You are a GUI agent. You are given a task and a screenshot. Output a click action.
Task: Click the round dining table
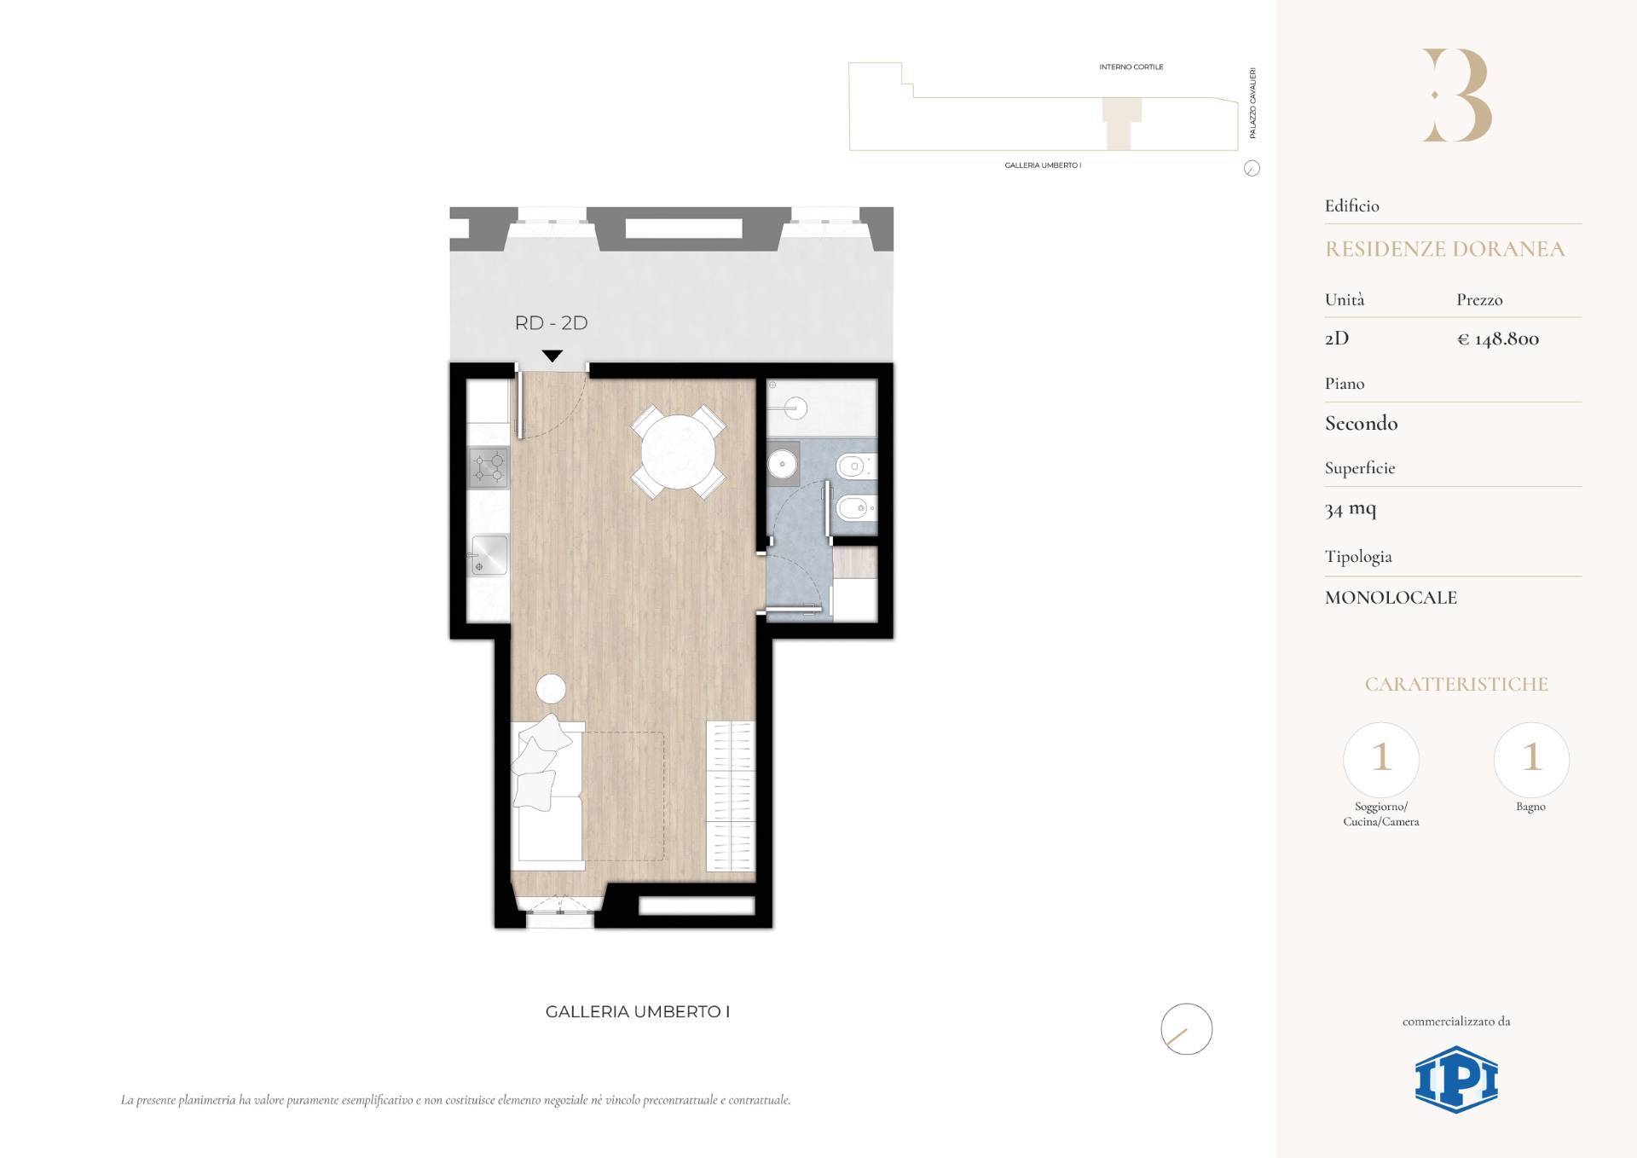pyautogui.click(x=678, y=452)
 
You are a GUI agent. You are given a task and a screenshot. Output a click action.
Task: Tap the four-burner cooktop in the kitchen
pyautogui.click(x=489, y=467)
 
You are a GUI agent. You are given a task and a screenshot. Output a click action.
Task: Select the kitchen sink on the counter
pyautogui.click(x=489, y=555)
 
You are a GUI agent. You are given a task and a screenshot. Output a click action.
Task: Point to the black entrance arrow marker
pyautogui.click(x=552, y=356)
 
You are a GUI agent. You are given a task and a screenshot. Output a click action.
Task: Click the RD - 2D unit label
pyautogui.click(x=551, y=323)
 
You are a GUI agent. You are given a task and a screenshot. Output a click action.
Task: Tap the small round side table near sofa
pyautogui.click(x=551, y=688)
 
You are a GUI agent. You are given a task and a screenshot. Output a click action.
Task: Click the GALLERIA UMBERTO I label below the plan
pyautogui.click(x=638, y=1012)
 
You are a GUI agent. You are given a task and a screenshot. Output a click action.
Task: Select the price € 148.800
pyautogui.click(x=1498, y=339)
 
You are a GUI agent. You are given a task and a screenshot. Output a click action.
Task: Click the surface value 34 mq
pyautogui.click(x=1351, y=509)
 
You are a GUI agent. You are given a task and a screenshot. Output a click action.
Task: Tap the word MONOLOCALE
pyautogui.click(x=1391, y=598)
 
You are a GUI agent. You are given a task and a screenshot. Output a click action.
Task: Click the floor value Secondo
pyautogui.click(x=1361, y=423)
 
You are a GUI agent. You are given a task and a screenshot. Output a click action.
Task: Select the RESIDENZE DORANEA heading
pyautogui.click(x=1444, y=249)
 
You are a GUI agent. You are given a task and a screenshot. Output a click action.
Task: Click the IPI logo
pyautogui.click(x=1456, y=1080)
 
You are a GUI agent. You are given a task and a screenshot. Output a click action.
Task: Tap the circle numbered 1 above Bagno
pyautogui.click(x=1531, y=759)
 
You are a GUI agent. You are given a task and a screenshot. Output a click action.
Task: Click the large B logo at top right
pyautogui.click(x=1456, y=95)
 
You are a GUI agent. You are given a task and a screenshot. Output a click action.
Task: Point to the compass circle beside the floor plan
pyautogui.click(x=1186, y=1028)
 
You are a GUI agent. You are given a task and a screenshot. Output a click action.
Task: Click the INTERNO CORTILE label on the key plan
pyautogui.click(x=1131, y=67)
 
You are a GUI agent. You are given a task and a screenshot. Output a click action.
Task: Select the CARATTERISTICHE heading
pyautogui.click(x=1456, y=684)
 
